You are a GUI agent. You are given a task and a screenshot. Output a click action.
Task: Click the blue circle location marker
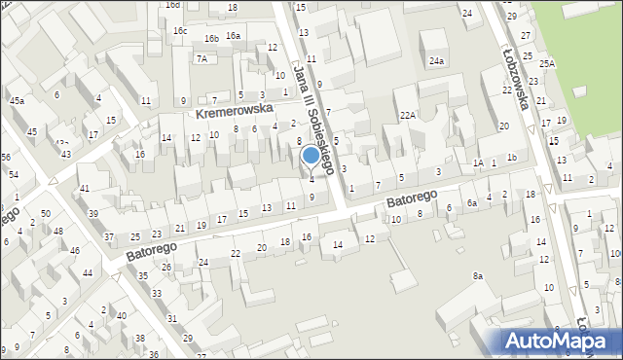point(311,155)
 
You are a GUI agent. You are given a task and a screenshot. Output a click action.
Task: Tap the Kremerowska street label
point(233,112)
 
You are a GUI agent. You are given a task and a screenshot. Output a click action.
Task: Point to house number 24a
point(437,61)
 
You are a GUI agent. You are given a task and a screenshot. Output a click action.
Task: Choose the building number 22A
point(408,115)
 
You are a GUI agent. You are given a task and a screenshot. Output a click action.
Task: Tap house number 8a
point(478,276)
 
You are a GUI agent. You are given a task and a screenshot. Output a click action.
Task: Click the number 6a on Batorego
point(471,202)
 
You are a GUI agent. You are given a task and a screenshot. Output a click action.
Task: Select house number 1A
point(478,163)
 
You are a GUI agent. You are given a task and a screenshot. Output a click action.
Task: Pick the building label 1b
point(511,158)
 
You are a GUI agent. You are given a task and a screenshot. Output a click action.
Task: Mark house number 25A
point(547,63)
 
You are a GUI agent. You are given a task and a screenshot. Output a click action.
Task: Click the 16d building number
point(172,5)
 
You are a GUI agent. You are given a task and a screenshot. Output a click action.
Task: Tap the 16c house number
point(180,30)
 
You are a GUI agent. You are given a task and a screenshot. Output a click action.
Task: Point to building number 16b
point(211,38)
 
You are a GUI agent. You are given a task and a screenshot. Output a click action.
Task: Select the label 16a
point(233,35)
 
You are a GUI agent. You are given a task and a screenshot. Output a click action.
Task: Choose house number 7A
point(202,58)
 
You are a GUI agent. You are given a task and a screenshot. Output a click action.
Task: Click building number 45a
point(17,100)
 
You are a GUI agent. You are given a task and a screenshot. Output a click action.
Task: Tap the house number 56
point(5,157)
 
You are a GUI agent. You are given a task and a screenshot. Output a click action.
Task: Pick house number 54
point(14,173)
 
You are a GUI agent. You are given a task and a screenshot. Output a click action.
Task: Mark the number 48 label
point(58,231)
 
